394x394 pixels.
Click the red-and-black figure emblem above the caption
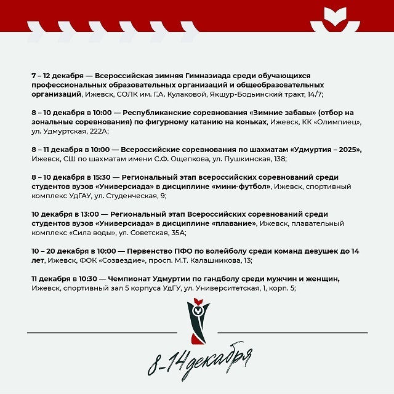pos(196,320)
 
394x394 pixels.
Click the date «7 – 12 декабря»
pos(57,75)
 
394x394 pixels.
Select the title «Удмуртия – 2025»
pos(321,150)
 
